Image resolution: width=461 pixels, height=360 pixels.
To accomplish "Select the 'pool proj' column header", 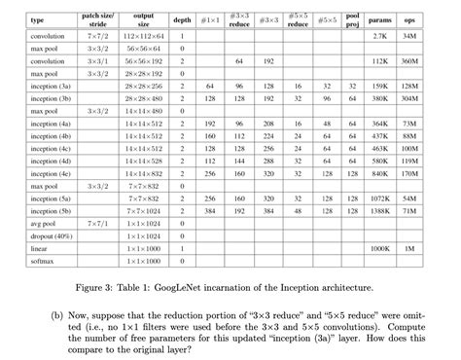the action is (x=352, y=19).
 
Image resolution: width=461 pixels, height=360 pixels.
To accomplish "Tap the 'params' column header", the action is (x=381, y=19).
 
